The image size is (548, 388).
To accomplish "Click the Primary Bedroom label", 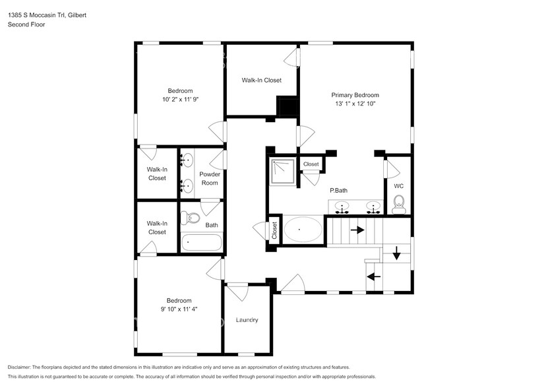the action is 355,95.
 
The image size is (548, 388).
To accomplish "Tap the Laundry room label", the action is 247,320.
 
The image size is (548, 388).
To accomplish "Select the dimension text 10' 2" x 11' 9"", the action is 180,100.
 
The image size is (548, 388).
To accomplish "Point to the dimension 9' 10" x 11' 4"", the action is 179,309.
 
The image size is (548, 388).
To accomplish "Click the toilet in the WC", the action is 398,205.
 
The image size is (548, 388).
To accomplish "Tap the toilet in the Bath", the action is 190,218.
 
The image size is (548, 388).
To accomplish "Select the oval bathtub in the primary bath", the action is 303,230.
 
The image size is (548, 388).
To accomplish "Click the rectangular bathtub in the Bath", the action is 201,242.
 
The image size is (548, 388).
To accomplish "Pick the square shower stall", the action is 282,172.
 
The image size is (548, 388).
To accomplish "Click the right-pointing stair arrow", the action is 357,230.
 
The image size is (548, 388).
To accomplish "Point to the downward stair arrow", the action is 396,253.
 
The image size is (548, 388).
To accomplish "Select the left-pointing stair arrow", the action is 373,276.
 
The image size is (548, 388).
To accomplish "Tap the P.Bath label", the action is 339,191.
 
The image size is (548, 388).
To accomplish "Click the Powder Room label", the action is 210,178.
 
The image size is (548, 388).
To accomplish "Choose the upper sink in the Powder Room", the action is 187,160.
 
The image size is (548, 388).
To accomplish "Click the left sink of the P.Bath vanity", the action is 342,207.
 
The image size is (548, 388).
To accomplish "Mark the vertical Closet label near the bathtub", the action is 274,230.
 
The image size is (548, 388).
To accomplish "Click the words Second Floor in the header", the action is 26,24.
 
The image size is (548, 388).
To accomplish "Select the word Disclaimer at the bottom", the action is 19,368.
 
